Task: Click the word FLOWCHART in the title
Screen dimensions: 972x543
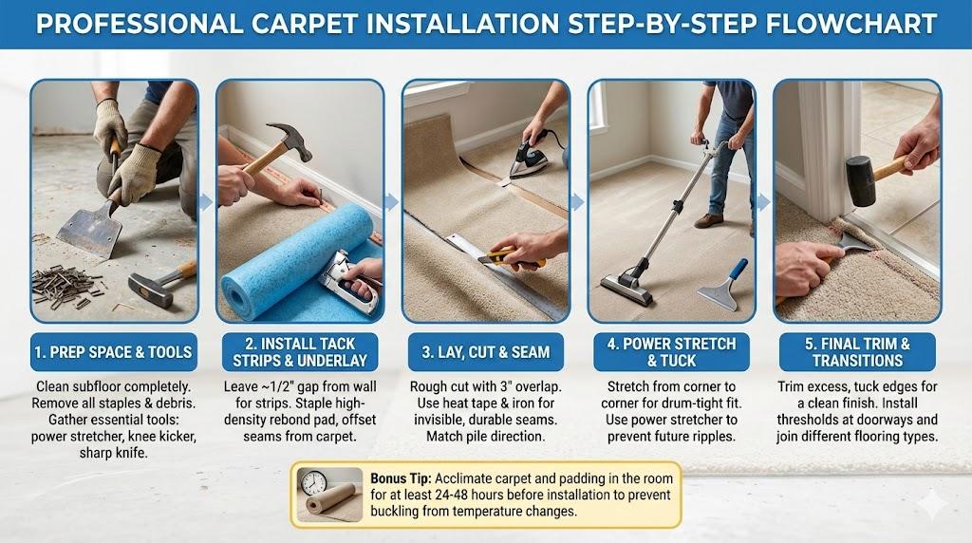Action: (x=851, y=24)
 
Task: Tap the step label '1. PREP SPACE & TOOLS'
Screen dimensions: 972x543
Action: (x=114, y=352)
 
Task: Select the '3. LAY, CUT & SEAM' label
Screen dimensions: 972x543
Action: (x=485, y=352)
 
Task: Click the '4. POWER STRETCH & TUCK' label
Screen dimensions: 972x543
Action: (x=671, y=352)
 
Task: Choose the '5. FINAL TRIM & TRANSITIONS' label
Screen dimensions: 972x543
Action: (x=857, y=352)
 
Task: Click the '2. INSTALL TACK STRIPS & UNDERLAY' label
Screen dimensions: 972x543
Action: (x=300, y=352)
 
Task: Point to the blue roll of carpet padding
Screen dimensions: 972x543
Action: (x=297, y=260)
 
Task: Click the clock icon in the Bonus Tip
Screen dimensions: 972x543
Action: (x=313, y=482)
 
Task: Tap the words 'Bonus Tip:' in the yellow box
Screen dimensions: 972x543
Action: (x=401, y=478)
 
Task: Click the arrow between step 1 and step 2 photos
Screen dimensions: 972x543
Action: (x=206, y=201)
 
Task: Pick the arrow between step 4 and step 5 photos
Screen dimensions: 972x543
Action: (x=764, y=201)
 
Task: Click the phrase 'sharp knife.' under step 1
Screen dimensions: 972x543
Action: (x=114, y=453)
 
